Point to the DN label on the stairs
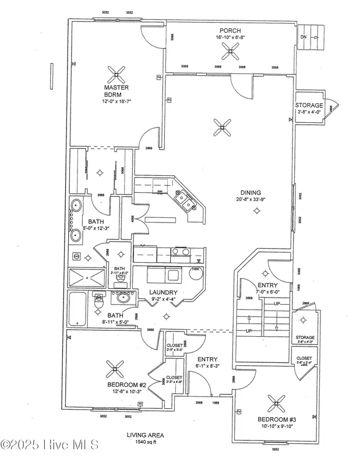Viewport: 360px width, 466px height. click(303, 37)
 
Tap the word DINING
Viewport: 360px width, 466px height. click(252, 193)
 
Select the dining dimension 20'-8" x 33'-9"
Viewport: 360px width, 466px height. click(252, 200)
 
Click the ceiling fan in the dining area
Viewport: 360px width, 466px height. click(221, 128)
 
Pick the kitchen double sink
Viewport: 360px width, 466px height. click(187, 203)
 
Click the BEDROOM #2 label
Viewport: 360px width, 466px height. click(126, 385)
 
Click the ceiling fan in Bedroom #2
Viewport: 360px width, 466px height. click(114, 368)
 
